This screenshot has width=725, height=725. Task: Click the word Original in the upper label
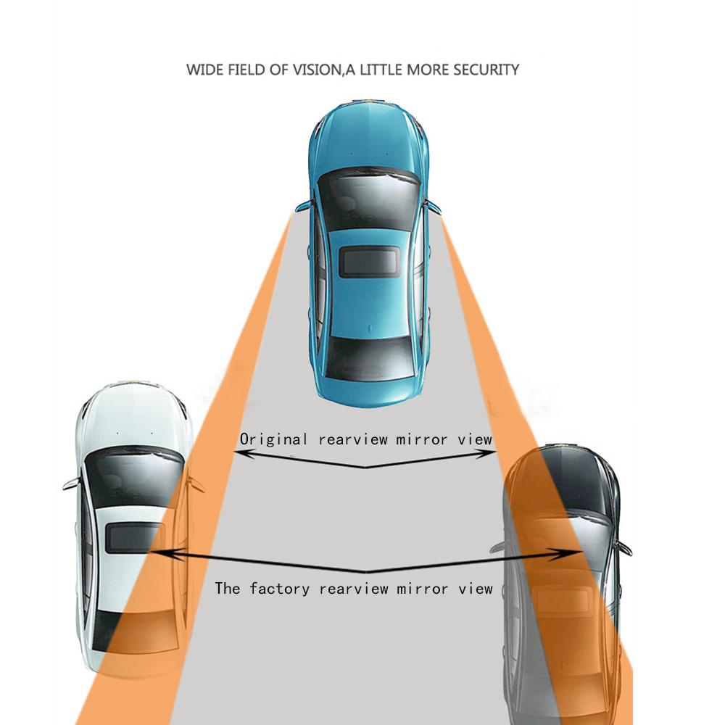tap(271, 439)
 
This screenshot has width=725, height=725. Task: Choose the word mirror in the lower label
tap(422, 588)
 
